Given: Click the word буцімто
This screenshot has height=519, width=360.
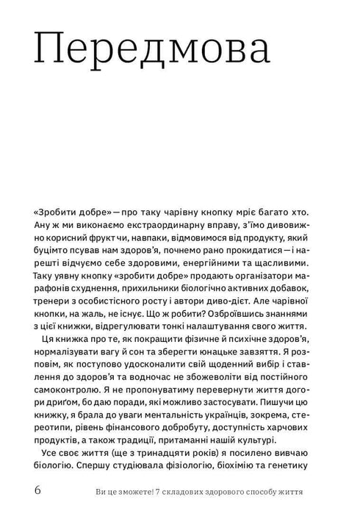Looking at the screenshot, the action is pos(54,251).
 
